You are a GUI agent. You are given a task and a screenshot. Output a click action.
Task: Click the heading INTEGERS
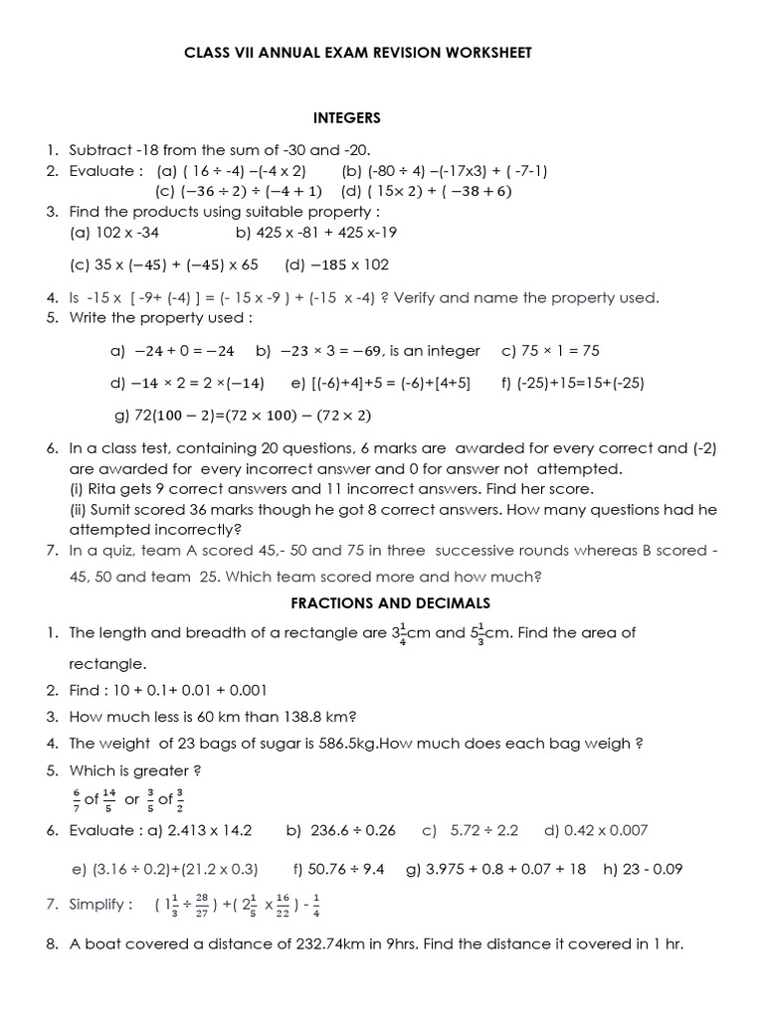(347, 117)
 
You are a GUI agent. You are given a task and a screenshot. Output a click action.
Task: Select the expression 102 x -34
(124, 233)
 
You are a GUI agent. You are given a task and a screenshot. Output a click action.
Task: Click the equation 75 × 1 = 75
(563, 350)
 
